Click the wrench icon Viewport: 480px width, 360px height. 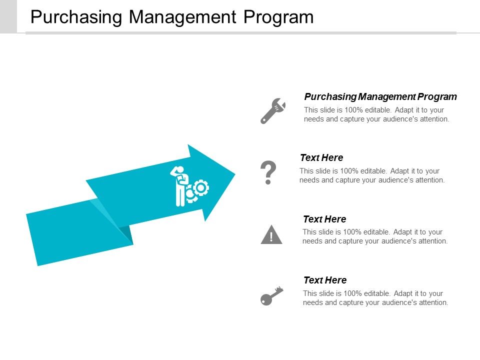pos(272,110)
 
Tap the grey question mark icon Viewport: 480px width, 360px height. pos(268,173)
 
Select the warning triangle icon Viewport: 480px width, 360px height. pos(271,234)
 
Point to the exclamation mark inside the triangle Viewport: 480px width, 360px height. pos(271,236)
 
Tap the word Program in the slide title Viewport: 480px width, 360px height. pos(278,17)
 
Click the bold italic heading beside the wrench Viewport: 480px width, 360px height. pos(380,96)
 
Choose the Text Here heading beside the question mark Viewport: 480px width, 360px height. pos(321,158)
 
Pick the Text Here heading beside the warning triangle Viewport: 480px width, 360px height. pos(324,219)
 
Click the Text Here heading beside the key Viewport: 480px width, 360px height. pos(324,280)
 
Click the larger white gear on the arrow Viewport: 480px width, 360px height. pos(201,187)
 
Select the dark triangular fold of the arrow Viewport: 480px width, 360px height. pos(125,234)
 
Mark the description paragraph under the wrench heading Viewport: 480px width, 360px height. pos(376,114)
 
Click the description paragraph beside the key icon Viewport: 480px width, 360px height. pos(375,298)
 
